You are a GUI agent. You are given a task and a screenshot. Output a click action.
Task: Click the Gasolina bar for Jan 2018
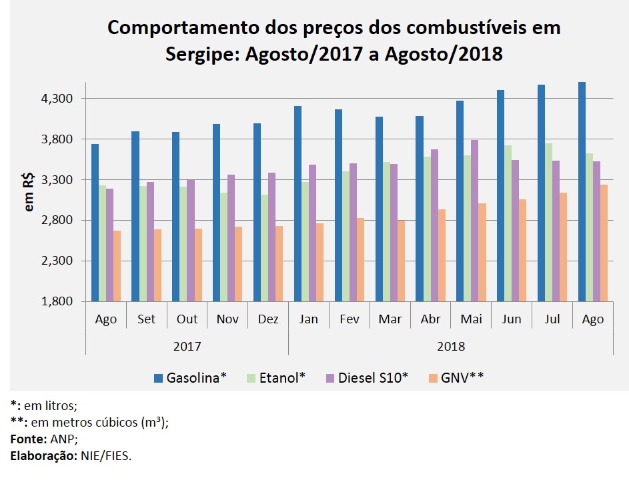[297, 203]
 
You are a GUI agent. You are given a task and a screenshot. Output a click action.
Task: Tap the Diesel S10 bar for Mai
[474, 220]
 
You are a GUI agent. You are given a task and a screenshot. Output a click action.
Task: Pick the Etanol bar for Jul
[548, 222]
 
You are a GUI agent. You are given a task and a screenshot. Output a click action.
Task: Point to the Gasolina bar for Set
[135, 216]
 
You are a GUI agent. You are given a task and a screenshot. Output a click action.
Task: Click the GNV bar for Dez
[279, 263]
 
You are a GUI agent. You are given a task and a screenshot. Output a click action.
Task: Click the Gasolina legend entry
[190, 378]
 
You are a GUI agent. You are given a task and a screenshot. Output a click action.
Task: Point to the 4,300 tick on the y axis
[56, 99]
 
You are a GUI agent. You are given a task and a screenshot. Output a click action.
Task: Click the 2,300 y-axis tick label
[56, 261]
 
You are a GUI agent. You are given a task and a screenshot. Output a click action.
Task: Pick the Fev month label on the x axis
[350, 319]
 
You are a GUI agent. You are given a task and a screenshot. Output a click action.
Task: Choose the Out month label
[187, 319]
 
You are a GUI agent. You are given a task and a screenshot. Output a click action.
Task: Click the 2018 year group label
[451, 347]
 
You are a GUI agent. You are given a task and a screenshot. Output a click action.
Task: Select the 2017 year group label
[187, 347]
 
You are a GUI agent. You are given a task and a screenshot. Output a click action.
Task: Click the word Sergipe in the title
[203, 54]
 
